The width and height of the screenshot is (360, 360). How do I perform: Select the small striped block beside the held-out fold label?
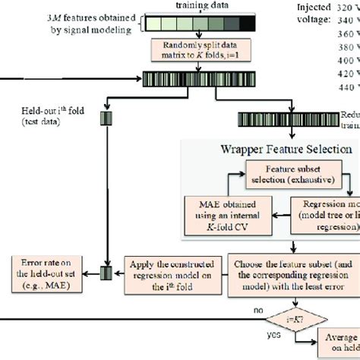point(106,117)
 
